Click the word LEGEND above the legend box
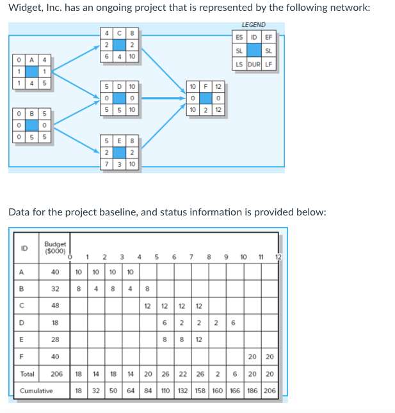254,25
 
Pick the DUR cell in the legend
254,63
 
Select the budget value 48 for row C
55,306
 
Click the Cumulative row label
36,390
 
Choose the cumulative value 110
165,390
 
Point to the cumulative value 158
200,390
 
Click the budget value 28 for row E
55,340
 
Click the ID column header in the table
24,248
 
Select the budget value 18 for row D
55,323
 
